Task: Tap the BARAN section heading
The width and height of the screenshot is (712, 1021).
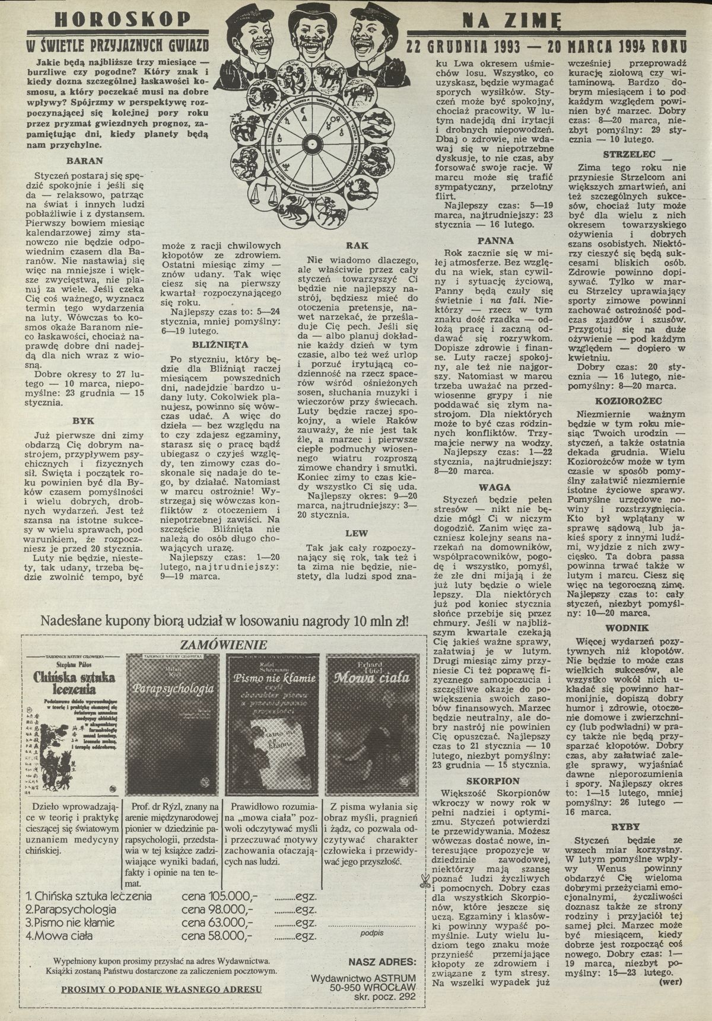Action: point(85,161)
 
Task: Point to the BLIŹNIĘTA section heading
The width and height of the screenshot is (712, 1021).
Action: point(220,344)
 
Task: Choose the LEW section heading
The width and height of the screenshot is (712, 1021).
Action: point(356,533)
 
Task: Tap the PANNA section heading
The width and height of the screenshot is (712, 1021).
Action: point(495,241)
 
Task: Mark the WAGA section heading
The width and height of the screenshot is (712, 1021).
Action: point(495,487)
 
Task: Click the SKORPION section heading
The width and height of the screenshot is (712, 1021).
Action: point(492,781)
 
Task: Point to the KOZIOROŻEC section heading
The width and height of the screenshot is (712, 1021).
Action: point(628,401)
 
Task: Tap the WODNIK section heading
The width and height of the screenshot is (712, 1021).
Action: point(627,628)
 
